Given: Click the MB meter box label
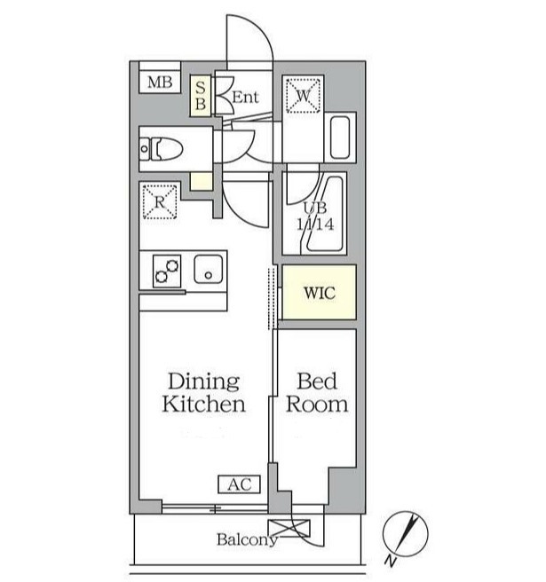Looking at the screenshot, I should (x=159, y=83).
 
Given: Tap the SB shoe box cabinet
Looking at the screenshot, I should (x=201, y=95).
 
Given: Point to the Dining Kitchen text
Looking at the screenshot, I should (x=203, y=393).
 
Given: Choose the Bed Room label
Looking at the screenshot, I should (x=316, y=393).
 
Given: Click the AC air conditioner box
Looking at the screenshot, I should (x=239, y=484).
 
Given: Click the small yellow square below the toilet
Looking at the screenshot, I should (x=201, y=183).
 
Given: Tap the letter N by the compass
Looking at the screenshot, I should (x=392, y=561).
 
